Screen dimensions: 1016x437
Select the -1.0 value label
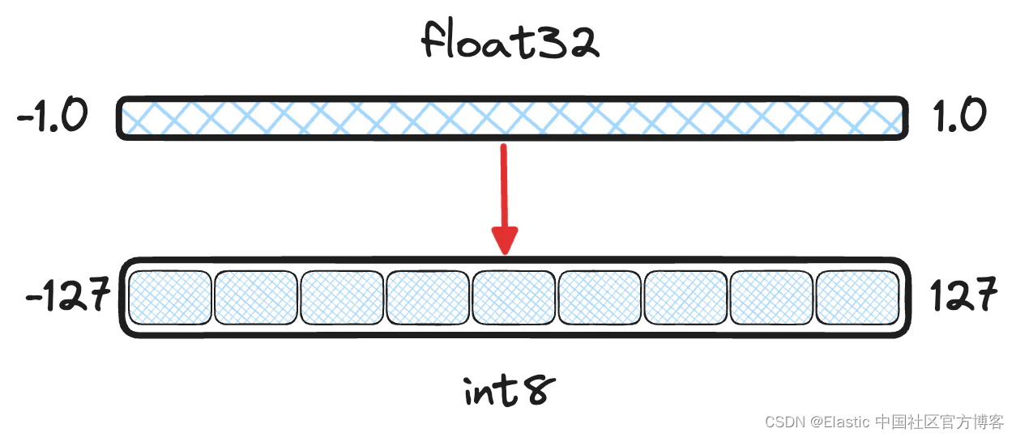52,118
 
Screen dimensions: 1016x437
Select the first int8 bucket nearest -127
170,296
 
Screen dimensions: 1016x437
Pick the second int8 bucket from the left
256,296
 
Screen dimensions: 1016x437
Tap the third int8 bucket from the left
342,296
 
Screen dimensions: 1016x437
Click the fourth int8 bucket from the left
428,296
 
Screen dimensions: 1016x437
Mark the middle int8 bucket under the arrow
514,296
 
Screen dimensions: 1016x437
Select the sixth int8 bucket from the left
600,296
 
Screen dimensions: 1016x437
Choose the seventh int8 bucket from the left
685,296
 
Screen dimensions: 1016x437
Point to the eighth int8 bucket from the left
771,296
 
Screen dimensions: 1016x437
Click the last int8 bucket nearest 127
857,296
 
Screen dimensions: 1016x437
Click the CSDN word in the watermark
783,422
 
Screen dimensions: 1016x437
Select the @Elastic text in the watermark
839,422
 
